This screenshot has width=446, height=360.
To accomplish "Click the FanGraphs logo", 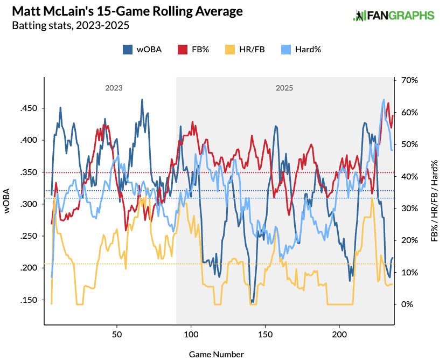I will pyautogui.click(x=393, y=16).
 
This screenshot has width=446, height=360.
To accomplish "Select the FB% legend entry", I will pyautogui.click(x=192, y=49).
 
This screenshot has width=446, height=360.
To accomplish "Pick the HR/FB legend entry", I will pyautogui.click(x=244, y=49).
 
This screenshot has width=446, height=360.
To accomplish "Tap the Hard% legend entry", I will pyautogui.click(x=301, y=49).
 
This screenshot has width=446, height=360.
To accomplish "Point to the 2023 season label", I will pyautogui.click(x=114, y=87).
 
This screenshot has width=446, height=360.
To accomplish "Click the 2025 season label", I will pyautogui.click(x=284, y=87).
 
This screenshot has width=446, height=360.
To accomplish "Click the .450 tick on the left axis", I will pyautogui.click(x=29, y=108).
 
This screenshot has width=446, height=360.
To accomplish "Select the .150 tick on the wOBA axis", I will pyautogui.click(x=29, y=300).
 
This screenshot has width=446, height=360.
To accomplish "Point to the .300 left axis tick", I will pyautogui.click(x=29, y=204).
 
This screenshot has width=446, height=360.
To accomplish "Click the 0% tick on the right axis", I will pyautogui.click(x=407, y=304).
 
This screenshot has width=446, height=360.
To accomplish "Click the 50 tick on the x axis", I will pyautogui.click(x=117, y=334).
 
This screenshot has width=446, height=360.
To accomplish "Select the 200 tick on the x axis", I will pyautogui.click(x=340, y=334).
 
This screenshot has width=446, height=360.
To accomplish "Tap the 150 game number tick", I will pyautogui.click(x=266, y=334).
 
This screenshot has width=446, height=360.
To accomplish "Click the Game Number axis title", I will pyautogui.click(x=217, y=354).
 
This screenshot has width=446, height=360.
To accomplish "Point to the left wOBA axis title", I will pyautogui.click(x=8, y=202).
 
